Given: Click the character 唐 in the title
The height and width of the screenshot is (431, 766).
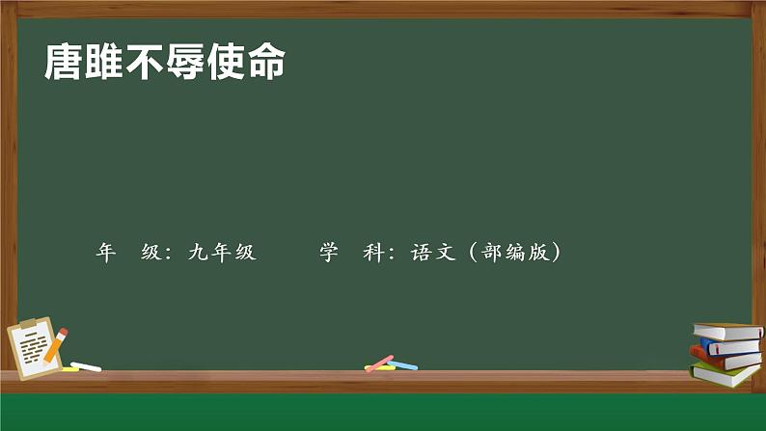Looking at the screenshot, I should pos(65,64).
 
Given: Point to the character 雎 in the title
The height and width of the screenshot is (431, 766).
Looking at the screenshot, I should pos(105,64).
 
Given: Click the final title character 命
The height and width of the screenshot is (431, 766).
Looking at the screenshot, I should pos(267,64).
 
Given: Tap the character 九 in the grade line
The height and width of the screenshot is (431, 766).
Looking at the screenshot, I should pos(198,253).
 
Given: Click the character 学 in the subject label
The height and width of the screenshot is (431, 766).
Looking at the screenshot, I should pos(328,253).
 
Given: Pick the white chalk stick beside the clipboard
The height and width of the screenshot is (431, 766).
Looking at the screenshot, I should pos(86,366).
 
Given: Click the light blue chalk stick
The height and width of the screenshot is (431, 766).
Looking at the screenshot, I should pos(401,365).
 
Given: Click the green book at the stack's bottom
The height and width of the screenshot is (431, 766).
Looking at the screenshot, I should pos(725,374).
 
